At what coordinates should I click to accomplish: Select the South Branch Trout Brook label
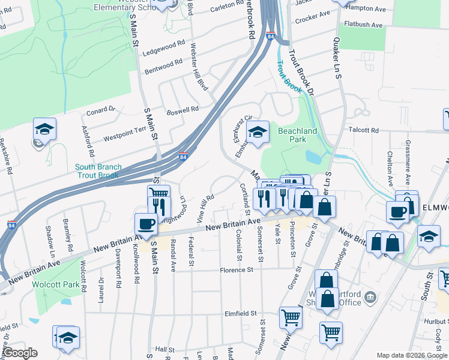99,171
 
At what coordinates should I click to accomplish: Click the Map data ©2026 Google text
411,355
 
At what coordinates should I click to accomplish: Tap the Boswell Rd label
182,110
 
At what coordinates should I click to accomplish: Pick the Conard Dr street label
100,110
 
